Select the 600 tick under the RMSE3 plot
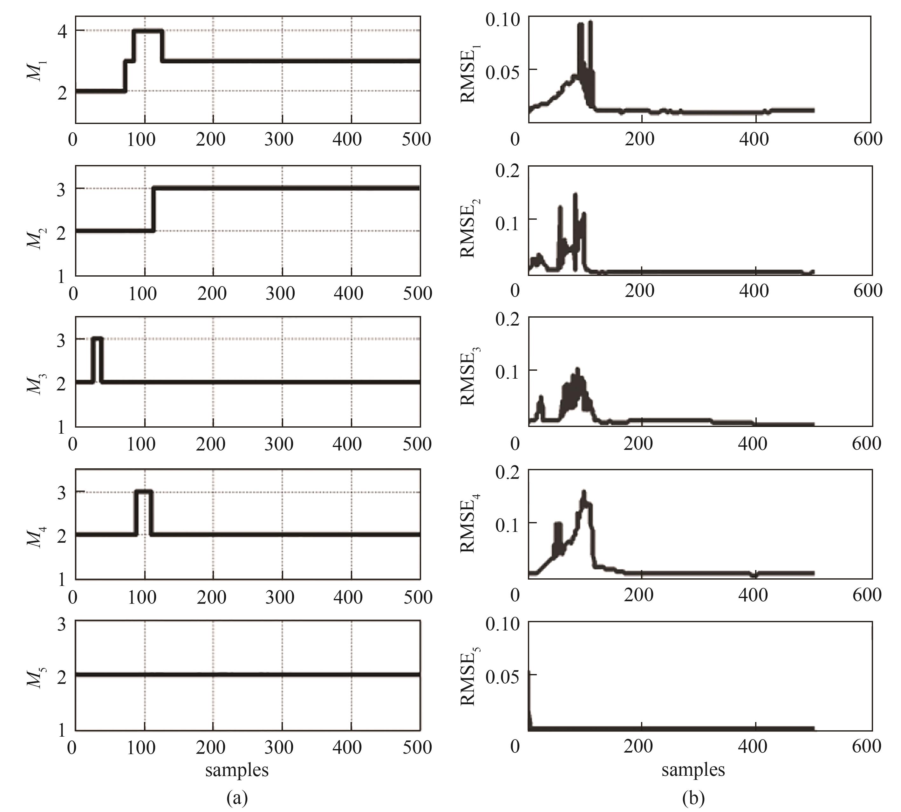click(x=866, y=444)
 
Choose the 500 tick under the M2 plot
click(x=418, y=293)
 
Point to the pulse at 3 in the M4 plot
click(x=144, y=492)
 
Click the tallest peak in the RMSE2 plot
click(x=575, y=195)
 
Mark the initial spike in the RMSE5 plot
click(x=529, y=674)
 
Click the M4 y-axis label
click(x=35, y=535)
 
